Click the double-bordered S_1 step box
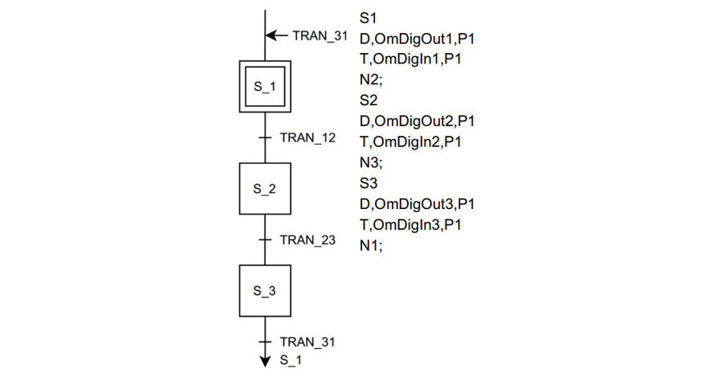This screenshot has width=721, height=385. coord(264,85)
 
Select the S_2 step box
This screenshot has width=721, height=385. coord(264,189)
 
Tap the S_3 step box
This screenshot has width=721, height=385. coord(264,291)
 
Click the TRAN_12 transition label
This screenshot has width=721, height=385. coord(308,137)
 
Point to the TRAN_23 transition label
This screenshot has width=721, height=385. coord(308,240)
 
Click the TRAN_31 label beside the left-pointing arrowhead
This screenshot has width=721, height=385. coord(319,35)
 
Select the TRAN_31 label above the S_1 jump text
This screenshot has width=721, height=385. coord(308,342)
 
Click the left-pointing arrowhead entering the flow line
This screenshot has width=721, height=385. coord(271,35)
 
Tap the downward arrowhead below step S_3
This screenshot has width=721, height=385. coord(264,361)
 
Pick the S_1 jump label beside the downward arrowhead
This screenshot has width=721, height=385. coord(291,361)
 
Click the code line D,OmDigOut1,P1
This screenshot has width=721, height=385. coord(418,38)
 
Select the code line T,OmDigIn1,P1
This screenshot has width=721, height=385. coord(410,59)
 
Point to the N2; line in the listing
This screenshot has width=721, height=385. coord(371,80)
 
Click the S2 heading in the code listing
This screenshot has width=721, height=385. coord(369,100)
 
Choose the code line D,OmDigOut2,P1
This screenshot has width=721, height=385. coord(418,121)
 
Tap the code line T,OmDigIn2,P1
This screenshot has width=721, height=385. coord(410,142)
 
